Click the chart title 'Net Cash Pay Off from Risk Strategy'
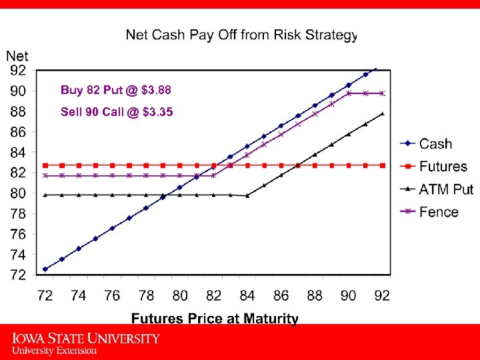point(241,34)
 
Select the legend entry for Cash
point(435,144)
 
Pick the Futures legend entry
point(443,167)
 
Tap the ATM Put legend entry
point(445,189)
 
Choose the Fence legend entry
point(439,212)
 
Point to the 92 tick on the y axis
point(18,69)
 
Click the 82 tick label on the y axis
point(18,172)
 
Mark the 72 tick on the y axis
point(18,274)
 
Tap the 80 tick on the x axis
point(180,295)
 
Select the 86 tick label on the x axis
point(281,295)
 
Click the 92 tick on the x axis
point(382,295)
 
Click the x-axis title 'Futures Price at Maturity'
point(215,319)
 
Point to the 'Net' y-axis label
point(17,56)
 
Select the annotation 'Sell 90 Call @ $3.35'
point(117,112)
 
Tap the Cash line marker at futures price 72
point(45,269)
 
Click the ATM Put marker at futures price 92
point(382,114)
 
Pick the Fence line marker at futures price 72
point(45,176)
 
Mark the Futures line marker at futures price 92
point(382,165)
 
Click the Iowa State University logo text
point(86,343)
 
